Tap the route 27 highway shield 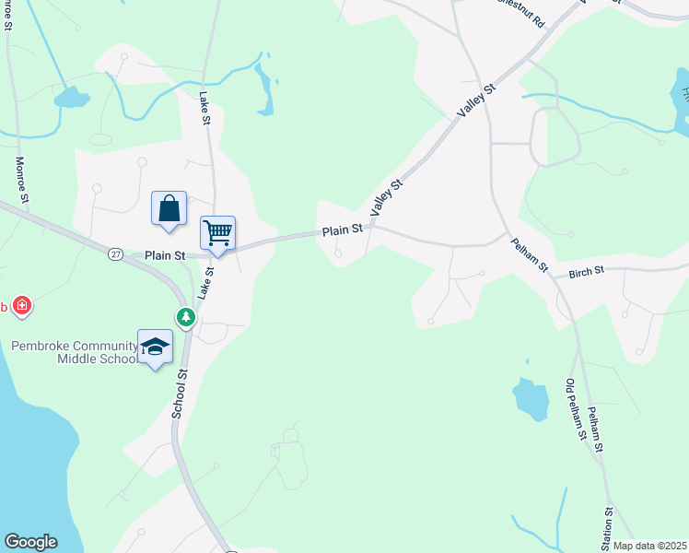[114, 253]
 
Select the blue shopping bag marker [169, 207]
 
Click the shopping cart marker [218, 232]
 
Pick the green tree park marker [186, 316]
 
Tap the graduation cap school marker [155, 347]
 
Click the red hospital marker [21, 305]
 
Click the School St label [180, 394]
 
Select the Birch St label [586, 272]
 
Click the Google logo [30, 542]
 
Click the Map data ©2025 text [648, 546]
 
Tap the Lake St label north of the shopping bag [204, 101]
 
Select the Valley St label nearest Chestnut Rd [477, 100]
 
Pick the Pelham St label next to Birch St [531, 255]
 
